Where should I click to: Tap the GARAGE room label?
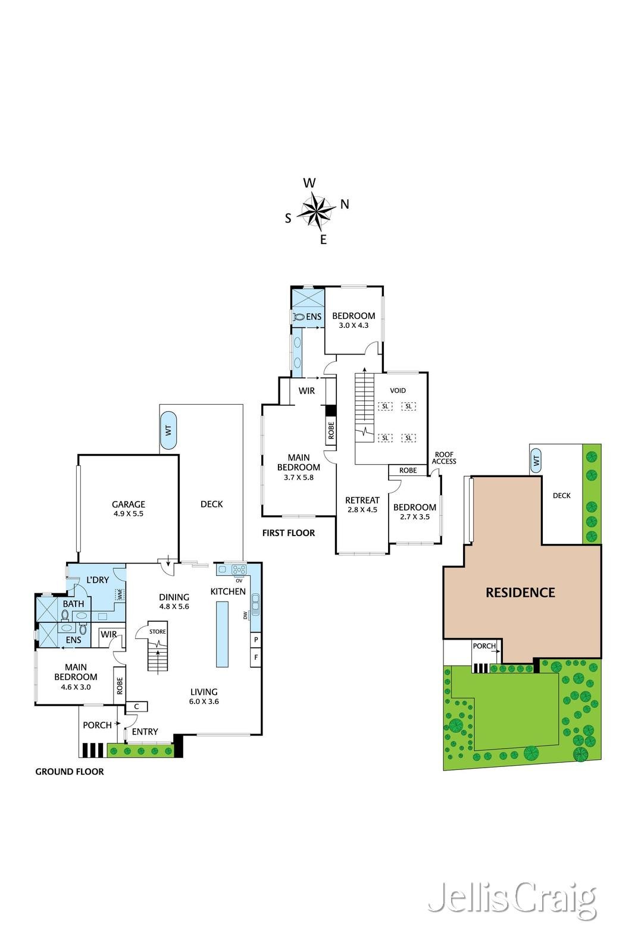(x=129, y=504)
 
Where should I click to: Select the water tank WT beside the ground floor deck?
(x=168, y=430)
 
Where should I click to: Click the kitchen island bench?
(x=222, y=634)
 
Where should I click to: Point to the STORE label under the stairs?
(x=157, y=631)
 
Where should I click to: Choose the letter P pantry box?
(x=255, y=640)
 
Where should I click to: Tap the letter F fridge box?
(x=255, y=657)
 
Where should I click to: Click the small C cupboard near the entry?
(x=136, y=706)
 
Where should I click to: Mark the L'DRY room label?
(x=98, y=580)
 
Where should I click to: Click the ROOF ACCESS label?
(x=444, y=458)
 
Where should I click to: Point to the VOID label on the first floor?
(x=398, y=390)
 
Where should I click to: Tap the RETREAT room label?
(x=362, y=500)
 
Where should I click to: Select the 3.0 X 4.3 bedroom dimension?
(x=354, y=325)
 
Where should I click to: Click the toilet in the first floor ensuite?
(x=299, y=317)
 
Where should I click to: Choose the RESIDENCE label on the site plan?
(x=520, y=593)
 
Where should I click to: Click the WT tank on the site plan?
(x=536, y=461)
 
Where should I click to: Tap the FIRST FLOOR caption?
(x=289, y=533)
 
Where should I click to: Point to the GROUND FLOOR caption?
(x=69, y=771)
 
